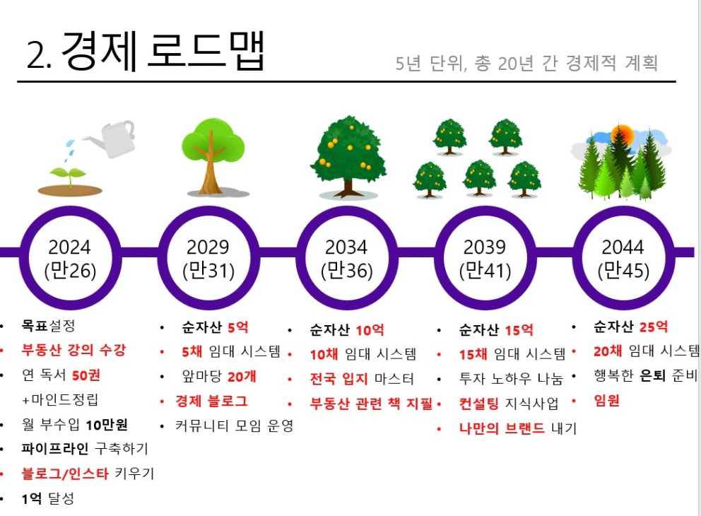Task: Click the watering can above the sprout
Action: point(112,139)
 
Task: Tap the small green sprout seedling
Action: point(69,176)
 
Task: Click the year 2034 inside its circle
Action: point(346,247)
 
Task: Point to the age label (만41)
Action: point(485,270)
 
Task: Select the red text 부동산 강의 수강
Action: point(73,350)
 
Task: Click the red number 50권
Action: point(86,375)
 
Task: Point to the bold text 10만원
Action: point(107,424)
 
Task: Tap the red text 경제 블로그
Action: point(211,401)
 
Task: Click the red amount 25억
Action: point(653,327)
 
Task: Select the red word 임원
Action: point(607,400)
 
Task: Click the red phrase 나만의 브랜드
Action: point(502,428)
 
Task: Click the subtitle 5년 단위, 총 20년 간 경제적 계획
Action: point(526,63)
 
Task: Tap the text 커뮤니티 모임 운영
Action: point(235,426)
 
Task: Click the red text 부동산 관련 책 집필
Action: point(372,404)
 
